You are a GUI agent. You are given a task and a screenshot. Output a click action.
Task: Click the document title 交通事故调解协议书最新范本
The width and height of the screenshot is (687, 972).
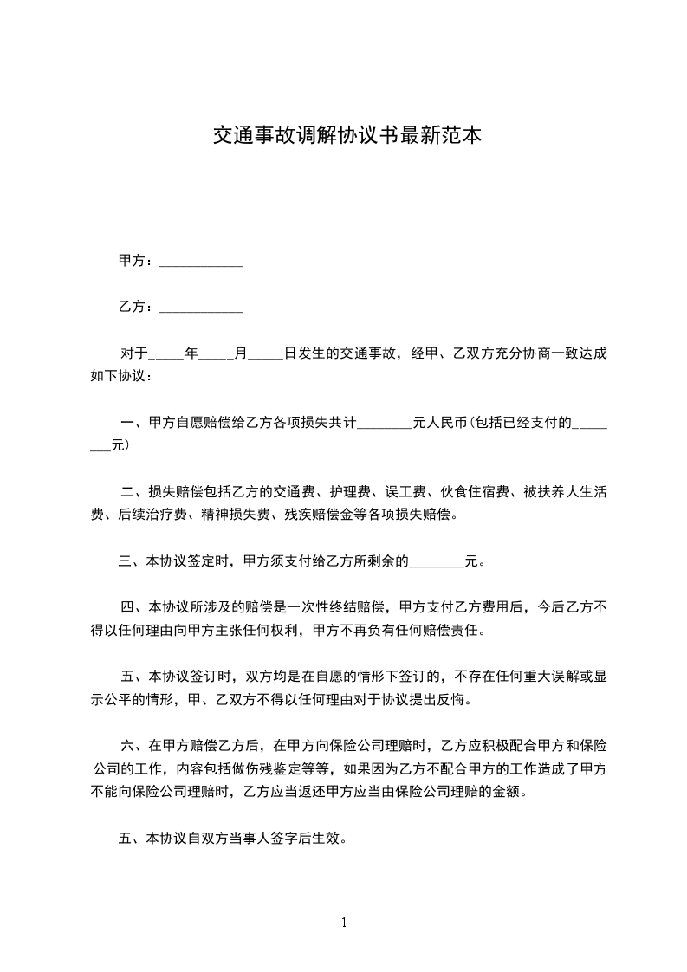347,136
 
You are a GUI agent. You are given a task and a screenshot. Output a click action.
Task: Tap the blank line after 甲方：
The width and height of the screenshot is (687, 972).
201,262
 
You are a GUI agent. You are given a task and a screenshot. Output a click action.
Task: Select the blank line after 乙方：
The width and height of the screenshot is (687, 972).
201,308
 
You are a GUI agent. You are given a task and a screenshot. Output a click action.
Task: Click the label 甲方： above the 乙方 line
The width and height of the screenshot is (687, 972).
137,260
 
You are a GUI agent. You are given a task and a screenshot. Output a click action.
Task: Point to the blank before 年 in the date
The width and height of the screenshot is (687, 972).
165,355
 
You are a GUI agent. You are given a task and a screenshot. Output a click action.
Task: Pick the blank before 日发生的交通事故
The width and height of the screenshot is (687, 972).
265,355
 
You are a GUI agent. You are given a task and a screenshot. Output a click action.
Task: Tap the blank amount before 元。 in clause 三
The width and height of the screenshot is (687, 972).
436,562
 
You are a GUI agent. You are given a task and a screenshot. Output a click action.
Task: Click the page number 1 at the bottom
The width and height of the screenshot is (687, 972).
344,923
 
